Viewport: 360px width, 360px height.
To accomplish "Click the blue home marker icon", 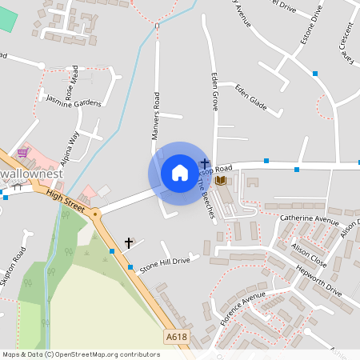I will (180, 173).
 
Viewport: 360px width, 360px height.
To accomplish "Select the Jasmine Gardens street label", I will (74, 102).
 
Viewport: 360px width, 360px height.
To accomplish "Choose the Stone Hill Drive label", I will (165, 265).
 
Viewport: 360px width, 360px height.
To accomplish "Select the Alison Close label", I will (309, 255).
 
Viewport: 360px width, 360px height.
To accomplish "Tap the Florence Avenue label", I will (242, 308).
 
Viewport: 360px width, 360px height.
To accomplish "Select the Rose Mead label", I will (71, 83).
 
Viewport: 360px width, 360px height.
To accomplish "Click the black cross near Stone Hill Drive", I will (128, 242).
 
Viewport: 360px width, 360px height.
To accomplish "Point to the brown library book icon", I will (221, 181).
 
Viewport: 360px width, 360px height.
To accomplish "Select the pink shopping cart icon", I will (23, 152).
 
